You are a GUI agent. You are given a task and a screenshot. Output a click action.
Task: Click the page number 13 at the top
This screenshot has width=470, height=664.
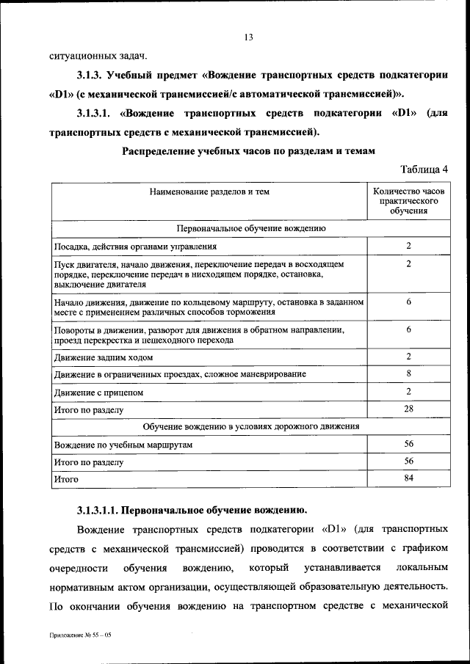pos(248,37)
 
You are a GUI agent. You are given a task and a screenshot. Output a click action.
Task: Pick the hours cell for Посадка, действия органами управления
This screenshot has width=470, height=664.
pos(408,246)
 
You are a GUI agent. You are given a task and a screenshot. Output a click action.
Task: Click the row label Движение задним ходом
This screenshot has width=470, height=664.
pos(104,357)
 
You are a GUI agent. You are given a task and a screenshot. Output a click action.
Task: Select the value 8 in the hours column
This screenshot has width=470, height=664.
pos(408,374)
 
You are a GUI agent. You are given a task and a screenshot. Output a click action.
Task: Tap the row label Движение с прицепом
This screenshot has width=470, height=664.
pos(98,392)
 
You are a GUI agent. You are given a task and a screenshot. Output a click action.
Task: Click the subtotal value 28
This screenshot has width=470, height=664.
pos(408,408)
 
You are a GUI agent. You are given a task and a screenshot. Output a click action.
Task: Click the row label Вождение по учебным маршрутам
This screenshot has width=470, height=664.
pos(122,445)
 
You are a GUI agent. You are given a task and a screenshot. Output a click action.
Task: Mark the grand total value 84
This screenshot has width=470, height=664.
pos(408,478)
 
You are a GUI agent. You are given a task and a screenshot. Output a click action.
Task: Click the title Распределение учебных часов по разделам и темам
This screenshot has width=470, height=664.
pos(248,150)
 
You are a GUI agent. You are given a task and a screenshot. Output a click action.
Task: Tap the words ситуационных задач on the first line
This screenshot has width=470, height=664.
pos(98,56)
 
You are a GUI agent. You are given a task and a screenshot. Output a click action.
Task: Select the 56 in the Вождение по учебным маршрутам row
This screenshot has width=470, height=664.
pos(408,444)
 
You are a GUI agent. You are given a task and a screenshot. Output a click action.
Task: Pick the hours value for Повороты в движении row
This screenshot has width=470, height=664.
pos(408,330)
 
